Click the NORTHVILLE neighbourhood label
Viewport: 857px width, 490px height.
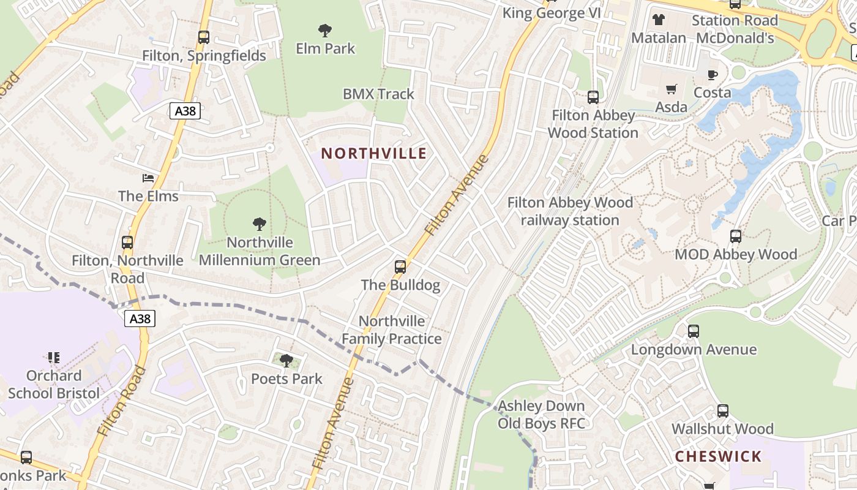373,153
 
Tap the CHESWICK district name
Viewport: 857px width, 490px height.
718,456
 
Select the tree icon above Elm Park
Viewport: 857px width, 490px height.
325,30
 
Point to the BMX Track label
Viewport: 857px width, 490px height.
378,94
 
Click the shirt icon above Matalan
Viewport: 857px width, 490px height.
659,20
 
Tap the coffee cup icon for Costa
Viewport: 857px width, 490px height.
712,75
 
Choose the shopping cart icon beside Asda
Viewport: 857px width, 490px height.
672,89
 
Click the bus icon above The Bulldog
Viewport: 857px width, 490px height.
400,266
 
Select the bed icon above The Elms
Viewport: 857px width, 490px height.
148,178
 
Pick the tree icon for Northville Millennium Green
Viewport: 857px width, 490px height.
260,224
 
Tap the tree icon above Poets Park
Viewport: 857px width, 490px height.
286,361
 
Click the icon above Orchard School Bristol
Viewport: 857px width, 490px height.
53,357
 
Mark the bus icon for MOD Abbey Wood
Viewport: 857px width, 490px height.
735,236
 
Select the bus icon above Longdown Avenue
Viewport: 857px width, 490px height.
694,331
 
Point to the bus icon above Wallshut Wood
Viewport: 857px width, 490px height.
722,410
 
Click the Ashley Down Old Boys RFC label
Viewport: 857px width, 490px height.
541,415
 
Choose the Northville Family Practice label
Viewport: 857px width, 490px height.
392,330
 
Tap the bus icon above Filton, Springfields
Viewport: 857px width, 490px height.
204,37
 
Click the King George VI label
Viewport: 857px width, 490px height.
551,13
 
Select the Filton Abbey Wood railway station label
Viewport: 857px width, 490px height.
570,211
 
